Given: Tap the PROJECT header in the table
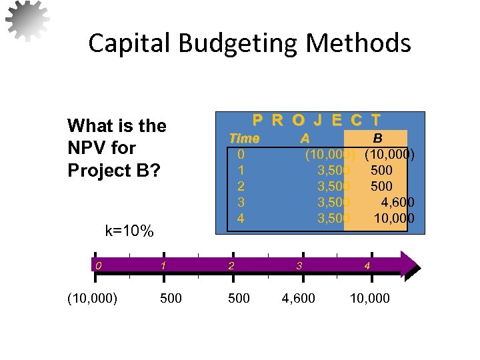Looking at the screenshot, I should point(317,120).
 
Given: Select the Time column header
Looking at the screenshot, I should point(244,139).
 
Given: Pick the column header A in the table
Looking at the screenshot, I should point(305,139).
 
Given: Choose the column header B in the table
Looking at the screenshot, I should point(377,139).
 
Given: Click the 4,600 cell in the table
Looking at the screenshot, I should point(397,202).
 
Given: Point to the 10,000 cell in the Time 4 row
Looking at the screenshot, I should point(394,218).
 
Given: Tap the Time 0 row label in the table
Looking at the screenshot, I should point(241,155).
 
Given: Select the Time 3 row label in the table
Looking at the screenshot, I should point(241,202).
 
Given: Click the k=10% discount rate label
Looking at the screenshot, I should point(130,231).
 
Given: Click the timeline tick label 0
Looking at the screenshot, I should point(98,265).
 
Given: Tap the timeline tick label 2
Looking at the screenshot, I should point(231,265).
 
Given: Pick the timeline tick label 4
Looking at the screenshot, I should point(367,265).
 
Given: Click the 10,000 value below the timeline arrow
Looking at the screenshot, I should point(370,298).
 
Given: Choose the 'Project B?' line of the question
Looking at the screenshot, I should point(114,170).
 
